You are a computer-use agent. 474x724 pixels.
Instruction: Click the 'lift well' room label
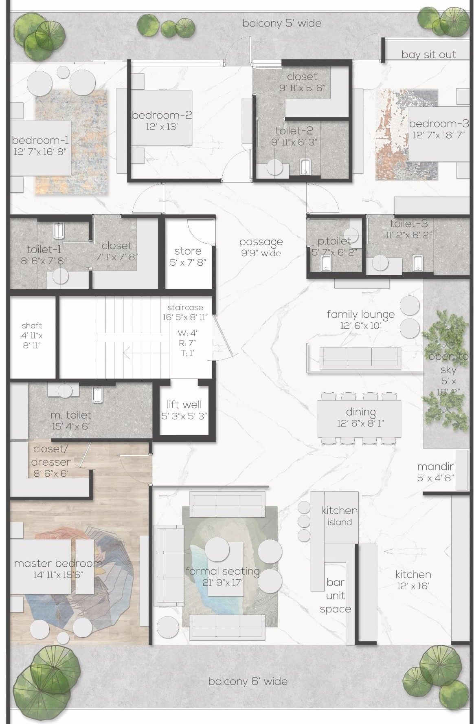184,404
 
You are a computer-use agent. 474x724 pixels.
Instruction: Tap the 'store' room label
188,251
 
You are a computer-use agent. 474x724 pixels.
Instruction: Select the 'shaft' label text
32,326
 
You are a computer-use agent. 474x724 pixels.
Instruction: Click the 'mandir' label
435,467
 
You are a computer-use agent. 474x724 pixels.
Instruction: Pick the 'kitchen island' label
340,516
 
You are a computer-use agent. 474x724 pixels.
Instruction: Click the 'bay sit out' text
428,55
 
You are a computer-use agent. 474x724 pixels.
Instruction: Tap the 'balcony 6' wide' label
248,681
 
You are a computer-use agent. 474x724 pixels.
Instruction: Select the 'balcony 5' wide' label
282,23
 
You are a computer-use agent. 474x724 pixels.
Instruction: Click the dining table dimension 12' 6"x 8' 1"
360,423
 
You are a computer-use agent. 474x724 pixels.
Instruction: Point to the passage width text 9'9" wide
261,253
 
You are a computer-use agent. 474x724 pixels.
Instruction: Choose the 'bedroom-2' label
162,115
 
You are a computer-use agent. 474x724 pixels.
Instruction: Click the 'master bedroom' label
58,563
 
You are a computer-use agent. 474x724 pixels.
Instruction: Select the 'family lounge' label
360,315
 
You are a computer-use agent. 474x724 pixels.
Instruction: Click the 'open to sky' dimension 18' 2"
448,392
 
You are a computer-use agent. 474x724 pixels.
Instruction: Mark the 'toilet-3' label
409,224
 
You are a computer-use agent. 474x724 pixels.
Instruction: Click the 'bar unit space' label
336,596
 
